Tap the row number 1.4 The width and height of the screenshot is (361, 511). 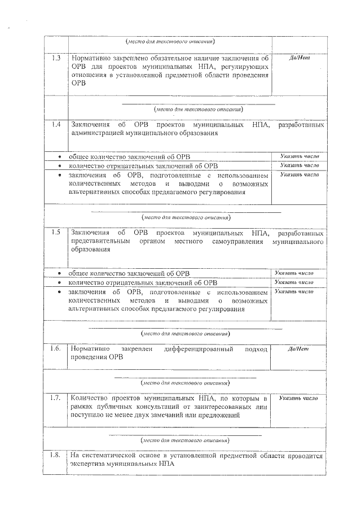coord(56,124)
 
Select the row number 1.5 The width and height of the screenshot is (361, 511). coord(56,232)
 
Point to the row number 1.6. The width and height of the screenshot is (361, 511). coord(55,348)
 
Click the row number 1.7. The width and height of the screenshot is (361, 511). coord(55,399)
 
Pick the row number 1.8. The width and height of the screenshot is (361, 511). coord(55,456)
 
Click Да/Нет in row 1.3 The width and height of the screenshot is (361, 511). coord(298,58)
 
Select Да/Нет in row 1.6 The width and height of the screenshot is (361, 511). coord(298,349)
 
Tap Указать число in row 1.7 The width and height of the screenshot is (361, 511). coord(298,399)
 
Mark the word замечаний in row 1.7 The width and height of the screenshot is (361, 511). coord(186,416)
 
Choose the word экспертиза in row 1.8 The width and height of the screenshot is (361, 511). coord(86,465)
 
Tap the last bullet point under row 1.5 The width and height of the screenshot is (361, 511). coord(60,292)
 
